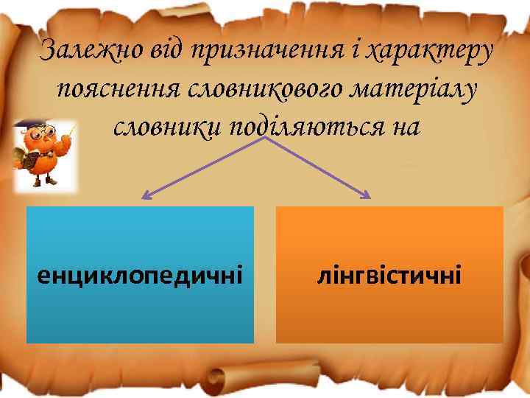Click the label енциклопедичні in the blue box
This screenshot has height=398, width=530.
(140, 276)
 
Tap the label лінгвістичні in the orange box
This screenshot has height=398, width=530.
(389, 276)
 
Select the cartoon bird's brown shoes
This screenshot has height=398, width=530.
(46, 184)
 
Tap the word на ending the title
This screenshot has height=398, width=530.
(403, 127)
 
